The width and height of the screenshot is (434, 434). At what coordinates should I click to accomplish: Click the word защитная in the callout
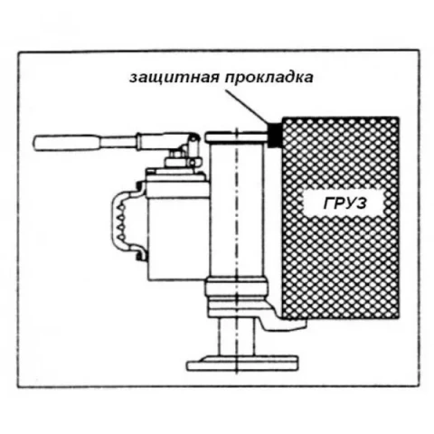pyautogui.click(x=175, y=78)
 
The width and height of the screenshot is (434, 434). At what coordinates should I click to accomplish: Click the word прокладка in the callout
pyautogui.click(x=269, y=77)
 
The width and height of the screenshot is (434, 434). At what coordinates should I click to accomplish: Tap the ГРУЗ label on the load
pyautogui.click(x=345, y=203)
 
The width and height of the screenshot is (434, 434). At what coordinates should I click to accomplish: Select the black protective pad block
pyautogui.click(x=274, y=136)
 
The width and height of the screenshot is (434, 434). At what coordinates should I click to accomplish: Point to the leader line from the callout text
pyautogui.click(x=247, y=107)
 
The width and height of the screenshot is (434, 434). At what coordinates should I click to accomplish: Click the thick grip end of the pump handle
pyautogui.click(x=65, y=143)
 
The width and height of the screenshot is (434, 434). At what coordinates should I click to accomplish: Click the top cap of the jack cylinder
pyautogui.click(x=237, y=137)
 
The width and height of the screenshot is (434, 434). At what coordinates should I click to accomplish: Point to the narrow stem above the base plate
pyautogui.click(x=237, y=336)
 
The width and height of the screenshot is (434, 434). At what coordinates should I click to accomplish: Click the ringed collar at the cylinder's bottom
pyautogui.click(x=237, y=297)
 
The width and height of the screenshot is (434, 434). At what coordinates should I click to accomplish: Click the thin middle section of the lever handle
pyautogui.click(x=118, y=141)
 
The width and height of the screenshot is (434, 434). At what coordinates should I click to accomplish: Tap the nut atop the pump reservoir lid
pyautogui.click(x=175, y=156)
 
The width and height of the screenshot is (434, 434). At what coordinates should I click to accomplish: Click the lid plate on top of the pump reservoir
pyautogui.click(x=177, y=175)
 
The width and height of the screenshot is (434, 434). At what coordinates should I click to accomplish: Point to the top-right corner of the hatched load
pyautogui.click(x=399, y=118)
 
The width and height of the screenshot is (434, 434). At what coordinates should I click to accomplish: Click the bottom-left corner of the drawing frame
pyautogui.click(x=18, y=386)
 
